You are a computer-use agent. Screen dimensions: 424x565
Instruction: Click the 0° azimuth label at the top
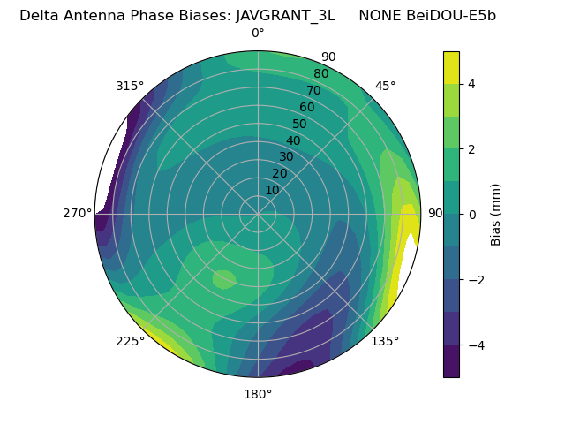(258, 34)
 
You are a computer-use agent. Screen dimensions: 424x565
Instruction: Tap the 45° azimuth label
(385, 86)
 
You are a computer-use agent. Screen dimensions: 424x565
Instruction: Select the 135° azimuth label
(385, 341)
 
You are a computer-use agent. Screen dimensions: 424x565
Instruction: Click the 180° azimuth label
(258, 394)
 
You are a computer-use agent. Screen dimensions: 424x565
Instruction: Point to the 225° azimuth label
(130, 341)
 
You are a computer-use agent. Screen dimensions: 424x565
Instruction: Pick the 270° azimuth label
(77, 214)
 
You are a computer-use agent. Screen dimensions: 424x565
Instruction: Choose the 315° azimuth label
(130, 86)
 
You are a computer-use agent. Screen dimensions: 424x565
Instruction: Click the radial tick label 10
(272, 190)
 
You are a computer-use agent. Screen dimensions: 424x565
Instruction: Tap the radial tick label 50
(299, 125)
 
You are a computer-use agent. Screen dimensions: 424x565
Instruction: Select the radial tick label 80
(320, 73)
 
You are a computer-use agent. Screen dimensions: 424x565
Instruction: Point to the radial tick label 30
(286, 157)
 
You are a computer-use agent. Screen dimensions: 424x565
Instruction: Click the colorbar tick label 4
(471, 84)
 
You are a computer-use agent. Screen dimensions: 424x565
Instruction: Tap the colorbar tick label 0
(471, 215)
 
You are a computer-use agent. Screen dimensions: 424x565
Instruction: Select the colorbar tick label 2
(471, 149)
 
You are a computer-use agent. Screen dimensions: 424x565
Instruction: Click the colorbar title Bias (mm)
(496, 214)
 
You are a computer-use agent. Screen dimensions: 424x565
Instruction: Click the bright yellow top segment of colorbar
(451, 67)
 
